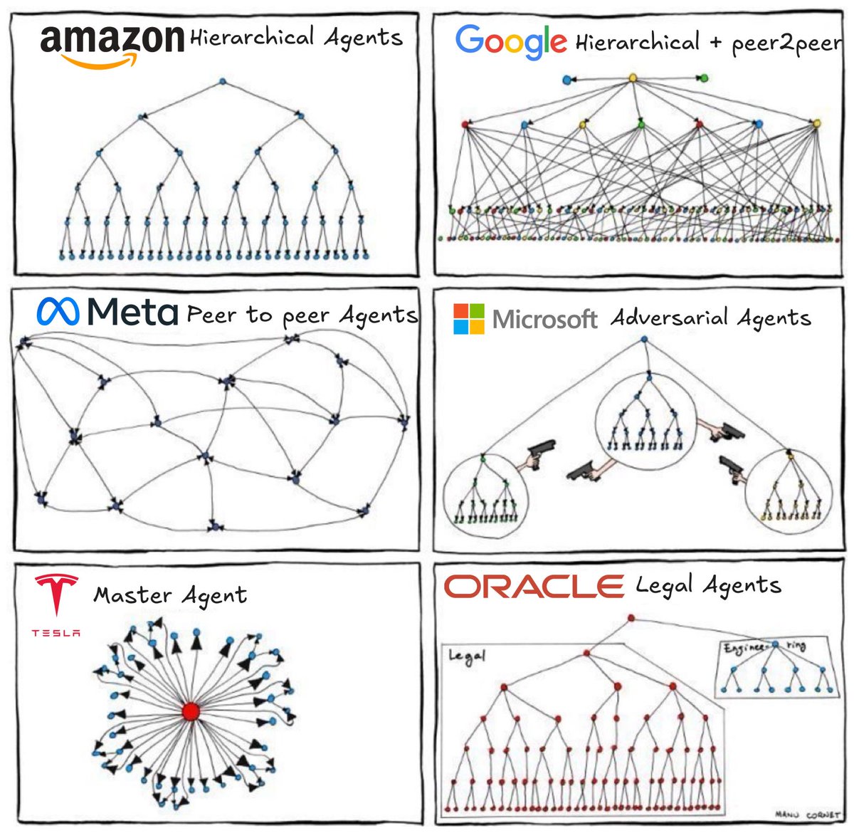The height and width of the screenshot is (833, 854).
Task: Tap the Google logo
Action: [x=510, y=41]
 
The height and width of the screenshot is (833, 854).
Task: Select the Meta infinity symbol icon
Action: [x=58, y=311]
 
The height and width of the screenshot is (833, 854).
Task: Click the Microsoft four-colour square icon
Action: [x=468, y=318]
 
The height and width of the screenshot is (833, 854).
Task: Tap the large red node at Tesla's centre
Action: [x=190, y=711]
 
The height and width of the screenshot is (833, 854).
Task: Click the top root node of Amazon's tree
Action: [x=222, y=82]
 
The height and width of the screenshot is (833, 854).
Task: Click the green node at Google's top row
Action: [x=704, y=78]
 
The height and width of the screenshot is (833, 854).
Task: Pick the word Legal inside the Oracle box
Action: [x=466, y=656]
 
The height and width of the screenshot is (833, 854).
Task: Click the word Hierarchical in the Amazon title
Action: [x=251, y=37]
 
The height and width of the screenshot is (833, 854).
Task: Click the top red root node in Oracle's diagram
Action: [x=631, y=618]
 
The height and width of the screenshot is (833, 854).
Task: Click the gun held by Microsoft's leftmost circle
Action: [x=540, y=454]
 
